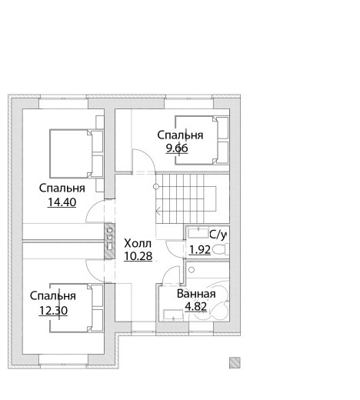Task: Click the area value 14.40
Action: coord(62,202)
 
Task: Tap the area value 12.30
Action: coord(53,311)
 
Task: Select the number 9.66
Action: coord(177,148)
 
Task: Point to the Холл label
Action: coord(138,243)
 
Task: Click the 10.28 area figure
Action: coord(138,256)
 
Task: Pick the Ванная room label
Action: coord(196,294)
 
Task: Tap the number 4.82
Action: coord(195,306)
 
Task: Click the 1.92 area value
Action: coord(200,250)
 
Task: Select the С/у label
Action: coord(218,235)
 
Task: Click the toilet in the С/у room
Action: coord(221,249)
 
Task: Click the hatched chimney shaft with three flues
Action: coord(109,241)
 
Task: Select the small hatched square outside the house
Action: coord(235,363)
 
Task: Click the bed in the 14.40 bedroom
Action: coord(76,154)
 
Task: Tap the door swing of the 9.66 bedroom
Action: coord(144,161)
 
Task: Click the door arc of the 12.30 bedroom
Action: coord(95,272)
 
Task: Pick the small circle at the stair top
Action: coord(156,187)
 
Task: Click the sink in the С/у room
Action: coord(198,233)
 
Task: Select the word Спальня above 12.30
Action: coord(53,296)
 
